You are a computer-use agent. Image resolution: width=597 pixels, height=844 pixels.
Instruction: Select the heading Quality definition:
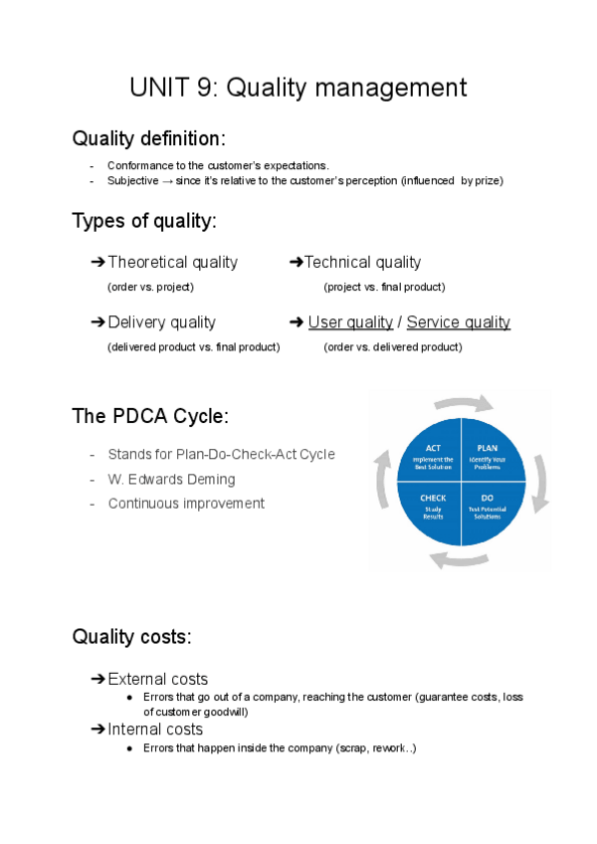148,137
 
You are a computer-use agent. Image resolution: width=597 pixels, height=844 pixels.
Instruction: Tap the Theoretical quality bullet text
172,262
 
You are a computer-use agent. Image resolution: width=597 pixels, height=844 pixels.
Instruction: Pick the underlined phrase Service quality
458,321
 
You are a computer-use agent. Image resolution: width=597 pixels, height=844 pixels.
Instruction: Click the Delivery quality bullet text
161,321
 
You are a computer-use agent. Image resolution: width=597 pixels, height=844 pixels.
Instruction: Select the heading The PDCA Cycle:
150,416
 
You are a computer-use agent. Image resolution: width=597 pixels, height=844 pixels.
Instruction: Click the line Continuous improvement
186,503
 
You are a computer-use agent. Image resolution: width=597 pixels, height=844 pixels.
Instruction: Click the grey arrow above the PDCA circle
463,402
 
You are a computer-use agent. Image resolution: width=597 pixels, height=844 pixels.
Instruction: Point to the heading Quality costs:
131,636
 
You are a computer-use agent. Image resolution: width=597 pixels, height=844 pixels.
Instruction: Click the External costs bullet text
157,679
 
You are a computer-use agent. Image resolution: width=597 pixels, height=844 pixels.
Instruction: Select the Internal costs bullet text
154,729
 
